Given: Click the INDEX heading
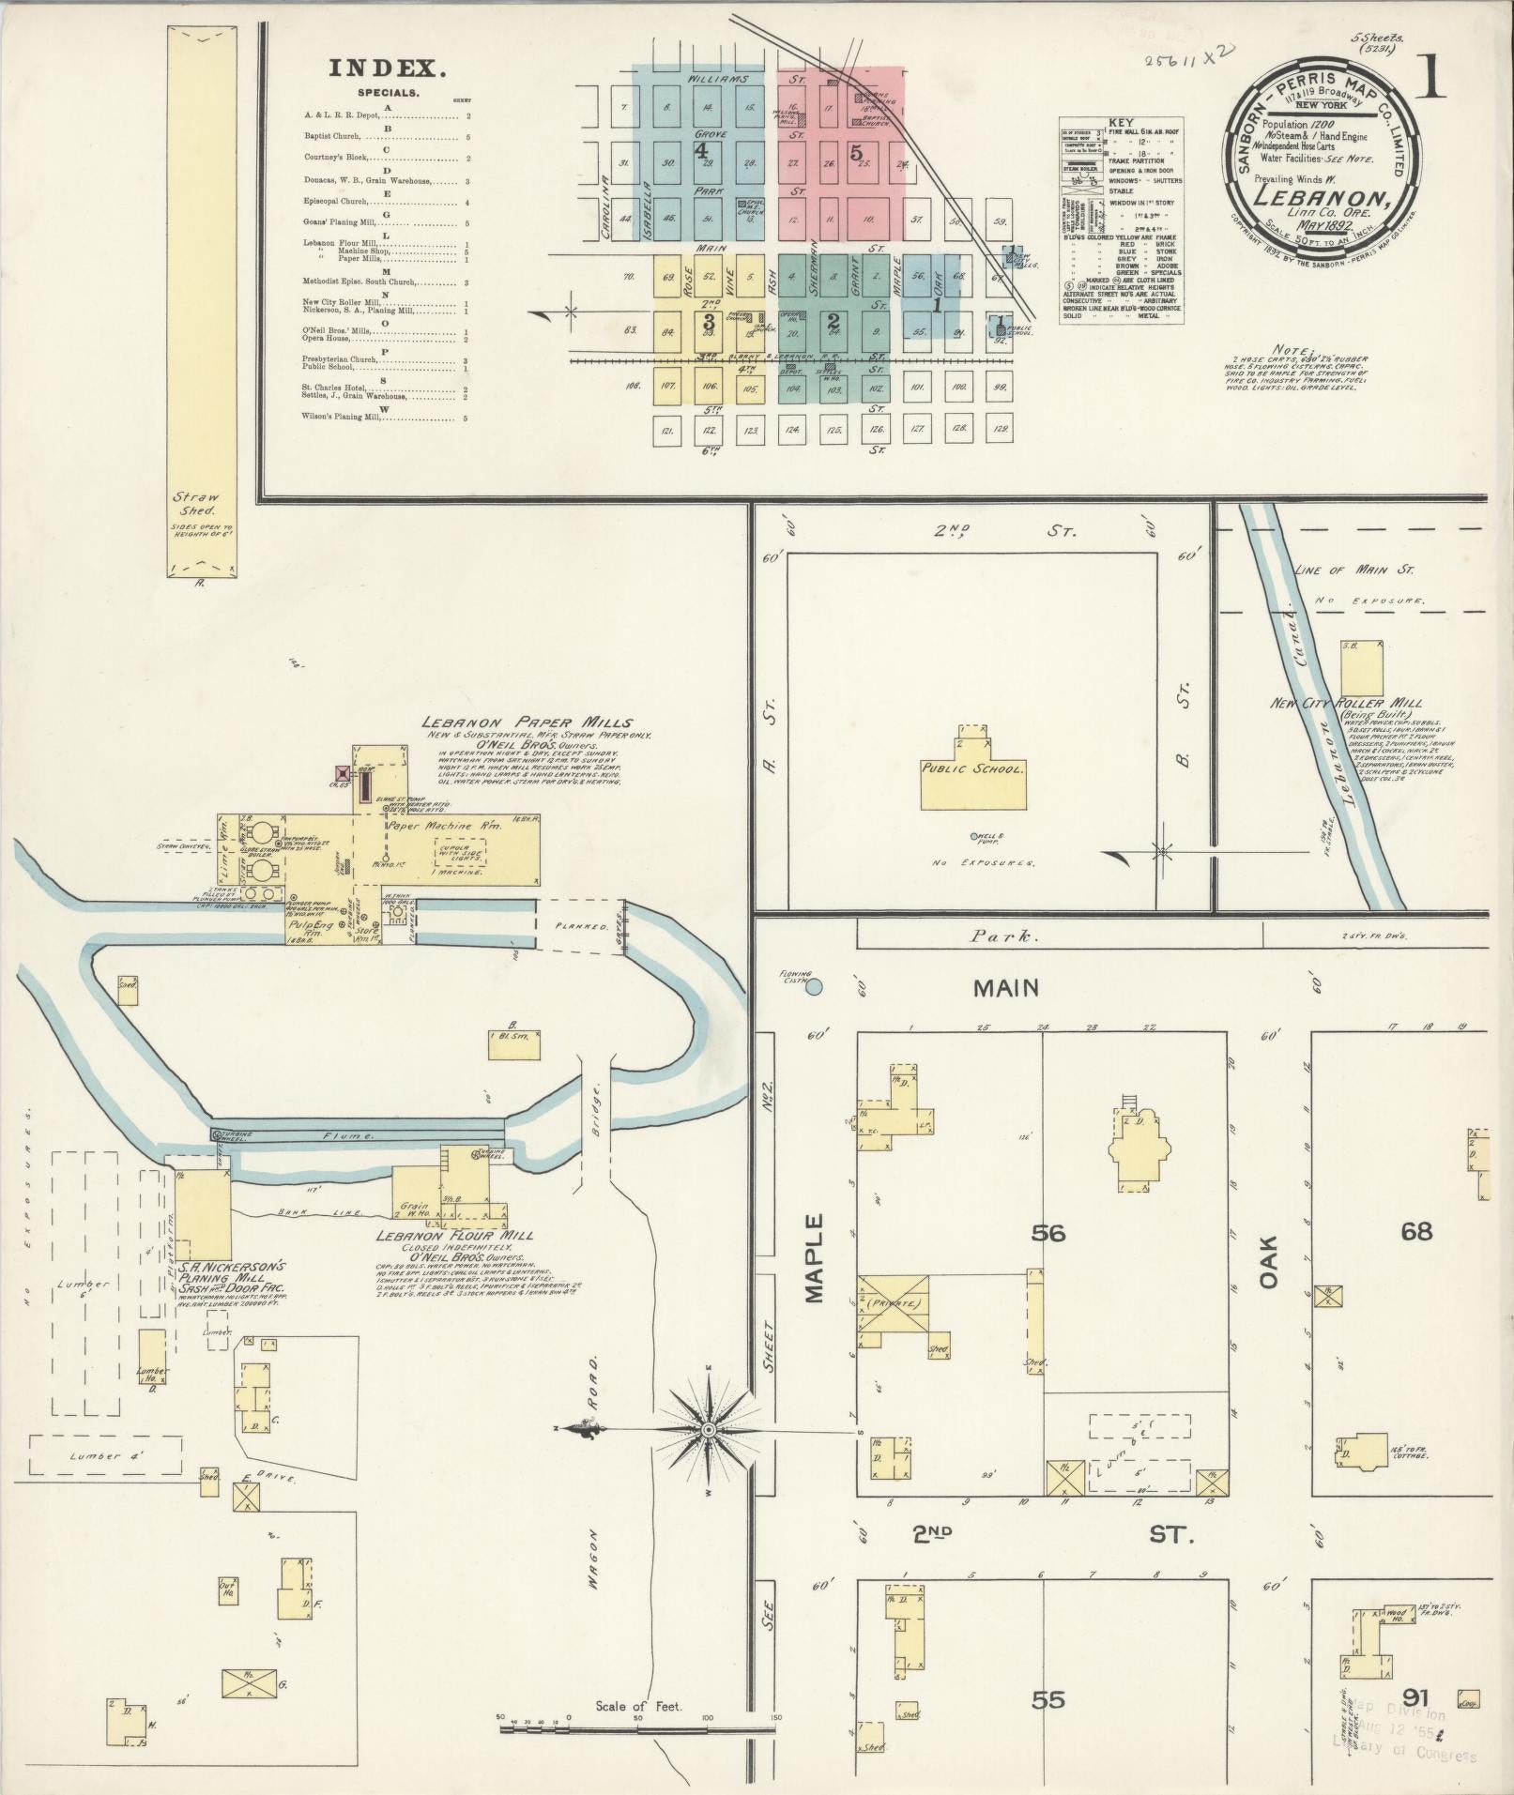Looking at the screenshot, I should (386, 68).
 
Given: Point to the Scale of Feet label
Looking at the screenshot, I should (638, 1706).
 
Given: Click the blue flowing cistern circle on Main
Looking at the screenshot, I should (814, 986).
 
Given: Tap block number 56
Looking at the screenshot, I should (1048, 1232).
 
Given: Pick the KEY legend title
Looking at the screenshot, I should (1121, 123).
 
